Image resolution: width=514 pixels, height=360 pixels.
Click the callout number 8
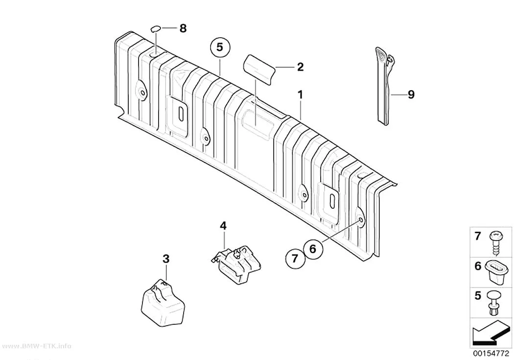(183, 28)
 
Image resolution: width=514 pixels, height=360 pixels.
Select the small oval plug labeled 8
(156, 29)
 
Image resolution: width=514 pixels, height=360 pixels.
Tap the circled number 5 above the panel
(220, 48)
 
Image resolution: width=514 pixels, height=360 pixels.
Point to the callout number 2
(300, 67)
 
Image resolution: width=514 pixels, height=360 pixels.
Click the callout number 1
(300, 95)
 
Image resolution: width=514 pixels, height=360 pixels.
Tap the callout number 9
(411, 95)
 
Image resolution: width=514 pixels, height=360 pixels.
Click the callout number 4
(223, 226)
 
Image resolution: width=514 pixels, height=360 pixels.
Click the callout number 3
(166, 259)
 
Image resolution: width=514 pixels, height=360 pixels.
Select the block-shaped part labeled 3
(163, 303)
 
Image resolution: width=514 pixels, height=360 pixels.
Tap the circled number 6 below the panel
(313, 249)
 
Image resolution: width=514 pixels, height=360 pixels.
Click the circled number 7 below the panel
(295, 259)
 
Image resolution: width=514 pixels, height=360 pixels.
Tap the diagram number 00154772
(491, 354)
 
